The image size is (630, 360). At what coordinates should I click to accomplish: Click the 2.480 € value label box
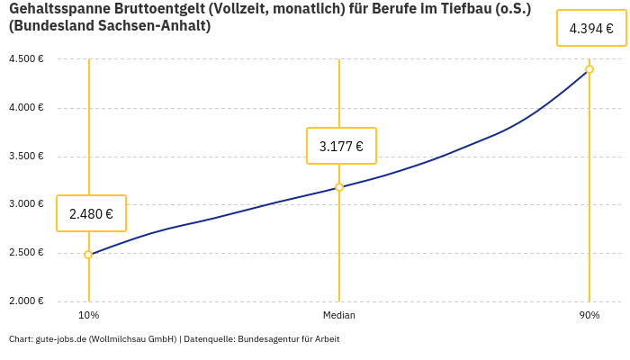tap(91, 213)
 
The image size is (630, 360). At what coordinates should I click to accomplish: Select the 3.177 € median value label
tap(341, 146)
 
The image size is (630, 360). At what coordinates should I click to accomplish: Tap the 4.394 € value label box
tap(591, 28)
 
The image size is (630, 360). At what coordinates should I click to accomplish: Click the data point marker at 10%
tap(88, 255)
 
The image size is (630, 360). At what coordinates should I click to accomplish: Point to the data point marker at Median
tap(339, 187)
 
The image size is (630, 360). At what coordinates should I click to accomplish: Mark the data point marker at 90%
tap(589, 69)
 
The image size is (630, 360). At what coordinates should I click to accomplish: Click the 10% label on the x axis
tap(88, 315)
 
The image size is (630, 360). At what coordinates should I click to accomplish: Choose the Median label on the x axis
tap(339, 315)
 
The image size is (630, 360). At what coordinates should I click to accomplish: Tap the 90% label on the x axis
tap(589, 315)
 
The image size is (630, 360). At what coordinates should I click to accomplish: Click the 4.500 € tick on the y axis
tap(26, 59)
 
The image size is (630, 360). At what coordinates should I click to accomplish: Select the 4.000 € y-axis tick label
tap(26, 108)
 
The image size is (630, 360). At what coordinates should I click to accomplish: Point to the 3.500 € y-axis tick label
tap(26, 157)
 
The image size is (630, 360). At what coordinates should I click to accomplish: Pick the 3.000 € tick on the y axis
tap(26, 204)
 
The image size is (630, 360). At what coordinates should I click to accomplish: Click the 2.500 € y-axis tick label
tap(26, 253)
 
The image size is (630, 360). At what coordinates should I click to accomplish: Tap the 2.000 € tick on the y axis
tap(26, 301)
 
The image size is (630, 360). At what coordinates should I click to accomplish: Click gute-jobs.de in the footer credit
tap(59, 339)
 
